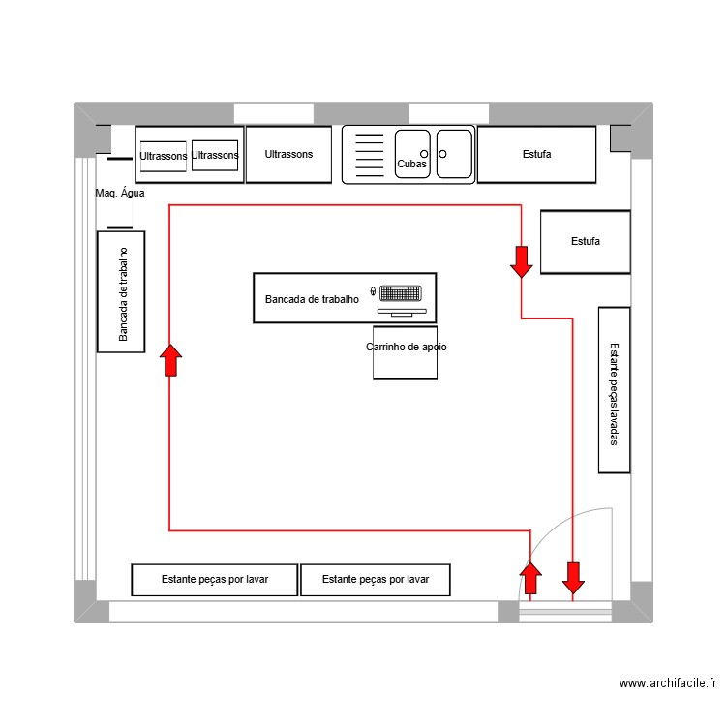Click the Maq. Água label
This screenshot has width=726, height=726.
point(120,194)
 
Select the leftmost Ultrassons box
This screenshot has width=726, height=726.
point(163,156)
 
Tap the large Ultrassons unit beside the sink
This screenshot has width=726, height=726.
point(288,154)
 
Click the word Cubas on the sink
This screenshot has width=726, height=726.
point(411,165)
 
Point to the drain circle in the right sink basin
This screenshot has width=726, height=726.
point(442,154)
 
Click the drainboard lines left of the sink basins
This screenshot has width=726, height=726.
point(369,155)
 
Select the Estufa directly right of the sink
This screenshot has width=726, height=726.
point(536,154)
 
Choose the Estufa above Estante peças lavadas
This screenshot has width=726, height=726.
point(585,242)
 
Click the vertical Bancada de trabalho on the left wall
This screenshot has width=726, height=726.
point(122,292)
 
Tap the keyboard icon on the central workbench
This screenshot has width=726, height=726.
point(401,292)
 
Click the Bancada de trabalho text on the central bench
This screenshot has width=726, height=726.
point(312,300)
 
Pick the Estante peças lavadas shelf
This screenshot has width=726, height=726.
point(614,390)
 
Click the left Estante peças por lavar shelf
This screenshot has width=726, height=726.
point(214,580)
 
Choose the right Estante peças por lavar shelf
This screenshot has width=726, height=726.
point(375,580)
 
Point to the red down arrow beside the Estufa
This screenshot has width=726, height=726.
point(521,261)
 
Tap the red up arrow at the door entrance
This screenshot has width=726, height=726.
point(530,578)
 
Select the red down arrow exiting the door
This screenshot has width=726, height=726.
point(573,578)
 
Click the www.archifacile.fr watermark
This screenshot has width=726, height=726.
point(668,683)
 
